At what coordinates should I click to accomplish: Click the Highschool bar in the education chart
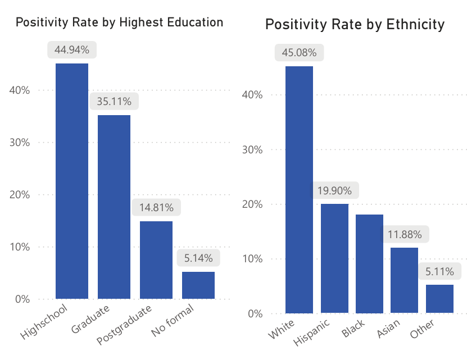(x=72, y=181)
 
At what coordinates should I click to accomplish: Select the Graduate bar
(x=114, y=207)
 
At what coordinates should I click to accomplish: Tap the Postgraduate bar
(x=156, y=259)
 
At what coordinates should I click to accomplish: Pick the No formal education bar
(x=198, y=285)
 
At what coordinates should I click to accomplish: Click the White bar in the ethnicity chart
(x=299, y=189)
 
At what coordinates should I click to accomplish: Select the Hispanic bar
(x=334, y=258)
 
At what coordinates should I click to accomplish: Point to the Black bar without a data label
(x=369, y=263)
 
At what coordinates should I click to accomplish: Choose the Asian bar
(x=404, y=280)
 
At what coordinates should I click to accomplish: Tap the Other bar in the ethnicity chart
(x=439, y=298)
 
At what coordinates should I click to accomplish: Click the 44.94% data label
(x=72, y=50)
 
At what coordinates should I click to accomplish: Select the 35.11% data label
(x=114, y=102)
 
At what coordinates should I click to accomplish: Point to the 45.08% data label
(x=299, y=53)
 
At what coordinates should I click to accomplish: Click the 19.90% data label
(x=334, y=191)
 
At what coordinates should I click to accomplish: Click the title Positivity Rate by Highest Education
(x=119, y=22)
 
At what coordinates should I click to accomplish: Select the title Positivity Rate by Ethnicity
(x=355, y=25)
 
